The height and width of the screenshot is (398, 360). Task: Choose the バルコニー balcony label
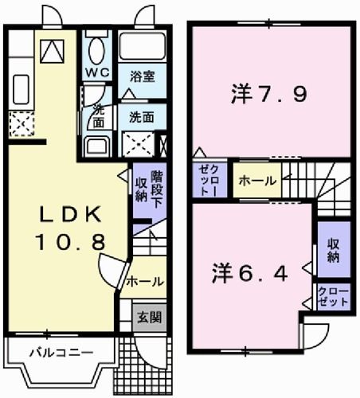click(51, 351)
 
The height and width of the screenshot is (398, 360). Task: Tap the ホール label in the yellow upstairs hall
click(256, 180)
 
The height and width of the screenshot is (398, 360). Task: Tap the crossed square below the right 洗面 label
click(141, 145)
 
